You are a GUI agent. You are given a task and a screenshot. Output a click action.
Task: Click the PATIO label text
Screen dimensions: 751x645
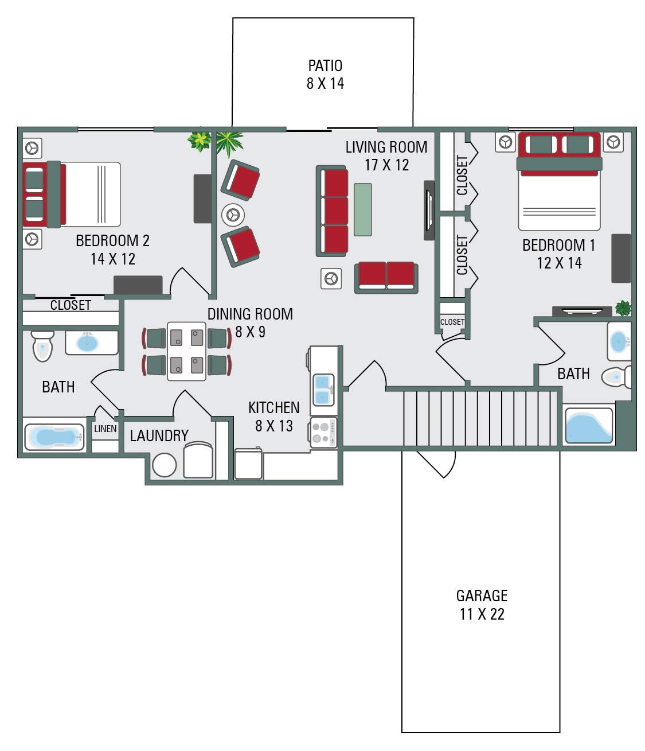click(325, 66)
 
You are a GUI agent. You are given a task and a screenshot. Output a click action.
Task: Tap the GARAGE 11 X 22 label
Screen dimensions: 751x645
click(482, 605)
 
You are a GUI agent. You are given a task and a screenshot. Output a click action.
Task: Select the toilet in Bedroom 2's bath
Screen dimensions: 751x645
click(42, 345)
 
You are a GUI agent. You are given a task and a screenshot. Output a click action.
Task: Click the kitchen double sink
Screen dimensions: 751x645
click(323, 390)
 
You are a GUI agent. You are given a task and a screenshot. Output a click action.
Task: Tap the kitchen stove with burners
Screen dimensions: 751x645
click(323, 433)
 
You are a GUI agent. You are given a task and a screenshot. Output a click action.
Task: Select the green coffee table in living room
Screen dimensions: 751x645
click(362, 209)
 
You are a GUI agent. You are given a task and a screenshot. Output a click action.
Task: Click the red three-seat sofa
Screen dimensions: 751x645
click(333, 211)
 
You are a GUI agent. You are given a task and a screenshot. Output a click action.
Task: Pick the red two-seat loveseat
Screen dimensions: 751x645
click(386, 277)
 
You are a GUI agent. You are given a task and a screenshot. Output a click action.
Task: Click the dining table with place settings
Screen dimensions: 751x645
click(186, 351)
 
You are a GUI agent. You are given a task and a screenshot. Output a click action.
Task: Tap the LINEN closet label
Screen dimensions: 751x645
click(105, 429)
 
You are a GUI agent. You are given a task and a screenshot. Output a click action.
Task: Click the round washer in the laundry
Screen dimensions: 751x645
click(164, 465)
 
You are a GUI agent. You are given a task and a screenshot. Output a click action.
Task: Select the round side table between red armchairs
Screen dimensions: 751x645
click(233, 215)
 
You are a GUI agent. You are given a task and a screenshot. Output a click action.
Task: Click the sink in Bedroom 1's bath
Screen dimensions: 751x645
click(619, 342)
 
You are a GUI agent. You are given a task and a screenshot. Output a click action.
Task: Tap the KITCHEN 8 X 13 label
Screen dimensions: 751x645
click(273, 417)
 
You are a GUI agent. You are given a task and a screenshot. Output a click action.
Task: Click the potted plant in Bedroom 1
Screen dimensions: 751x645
click(623, 308)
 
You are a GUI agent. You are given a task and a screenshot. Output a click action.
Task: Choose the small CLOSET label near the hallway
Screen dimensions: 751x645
click(452, 322)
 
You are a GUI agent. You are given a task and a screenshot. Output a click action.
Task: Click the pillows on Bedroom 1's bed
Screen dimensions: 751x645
click(559, 144)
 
